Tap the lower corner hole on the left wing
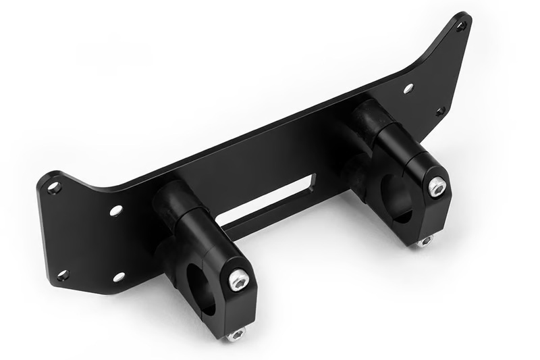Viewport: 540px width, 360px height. point(63,275)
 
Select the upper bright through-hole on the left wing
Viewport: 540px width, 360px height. point(116,211)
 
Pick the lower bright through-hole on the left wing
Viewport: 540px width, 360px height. point(119,276)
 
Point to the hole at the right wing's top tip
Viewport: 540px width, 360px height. point(461,26)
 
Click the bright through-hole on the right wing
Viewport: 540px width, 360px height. point(408,88)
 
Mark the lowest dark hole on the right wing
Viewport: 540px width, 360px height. point(440,111)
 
